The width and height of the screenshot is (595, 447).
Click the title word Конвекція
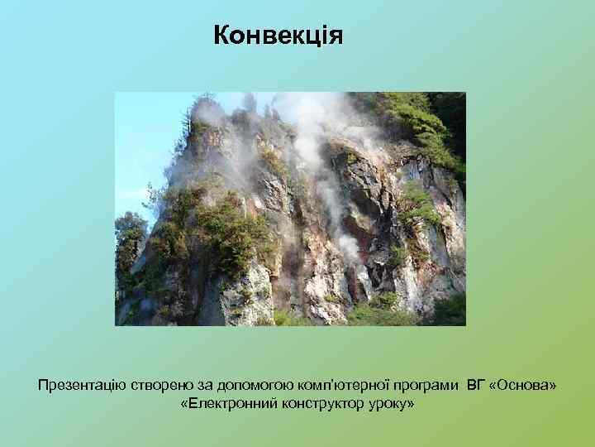point(277,36)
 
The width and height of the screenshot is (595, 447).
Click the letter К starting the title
point(221,36)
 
